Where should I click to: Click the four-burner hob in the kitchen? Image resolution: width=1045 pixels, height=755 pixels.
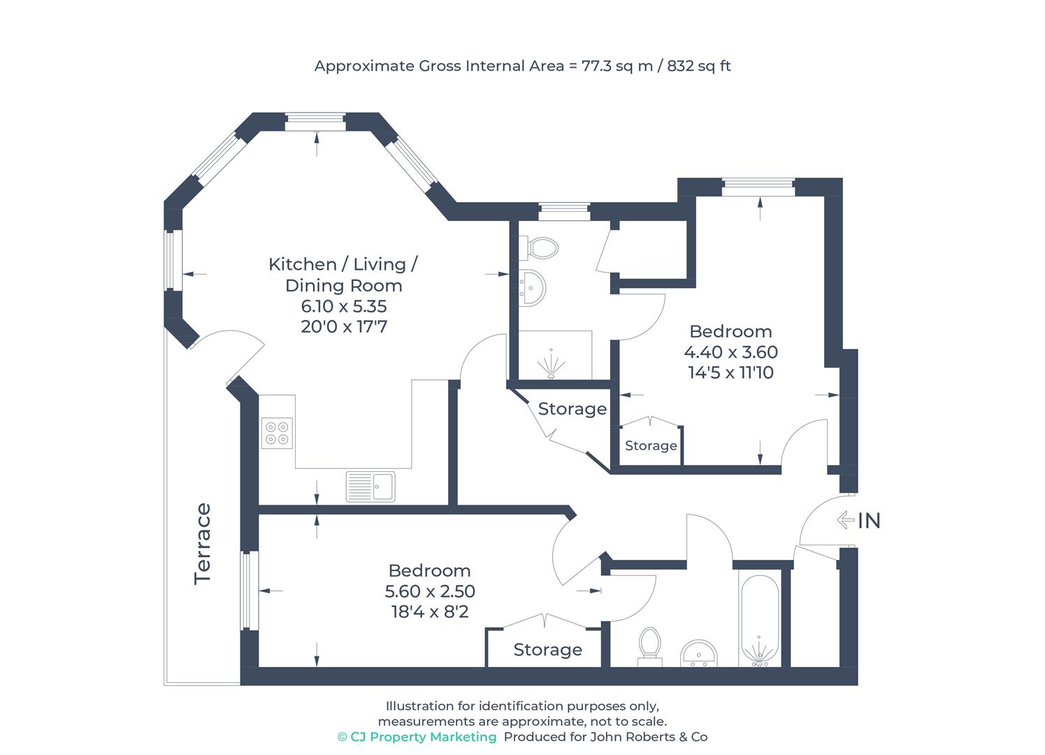coord(277,433)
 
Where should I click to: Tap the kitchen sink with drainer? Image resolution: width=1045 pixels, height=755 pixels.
coord(370,486)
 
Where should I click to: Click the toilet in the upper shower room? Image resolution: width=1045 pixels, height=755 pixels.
coord(542,247)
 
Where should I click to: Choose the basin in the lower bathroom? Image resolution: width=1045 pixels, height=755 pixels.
coord(699,653)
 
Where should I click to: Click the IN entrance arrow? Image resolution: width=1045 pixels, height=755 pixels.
coord(846,520)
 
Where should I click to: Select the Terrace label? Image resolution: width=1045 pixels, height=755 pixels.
coord(203,544)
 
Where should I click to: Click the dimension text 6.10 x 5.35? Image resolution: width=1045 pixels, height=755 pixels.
coord(343,306)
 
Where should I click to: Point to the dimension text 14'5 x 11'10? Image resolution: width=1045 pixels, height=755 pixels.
coord(730,373)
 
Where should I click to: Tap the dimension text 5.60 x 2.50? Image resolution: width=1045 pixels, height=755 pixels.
coord(430,591)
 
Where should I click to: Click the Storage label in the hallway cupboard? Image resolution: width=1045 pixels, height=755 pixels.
coord(572,409)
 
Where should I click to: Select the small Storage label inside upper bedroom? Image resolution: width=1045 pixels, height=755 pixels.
coord(650,446)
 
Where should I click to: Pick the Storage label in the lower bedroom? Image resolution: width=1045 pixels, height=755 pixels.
coord(547,650)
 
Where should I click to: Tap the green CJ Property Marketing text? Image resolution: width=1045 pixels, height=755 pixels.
coord(417,737)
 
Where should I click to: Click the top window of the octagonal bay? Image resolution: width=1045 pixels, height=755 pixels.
coord(316,122)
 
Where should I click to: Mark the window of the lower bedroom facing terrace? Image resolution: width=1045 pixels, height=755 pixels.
coord(249,591)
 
